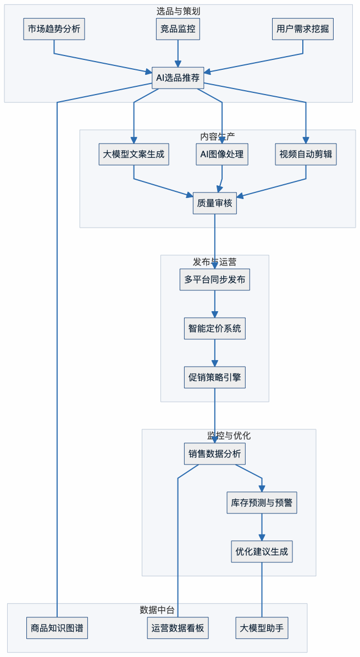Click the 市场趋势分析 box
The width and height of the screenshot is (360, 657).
point(54,29)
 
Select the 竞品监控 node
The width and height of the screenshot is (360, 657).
point(178,29)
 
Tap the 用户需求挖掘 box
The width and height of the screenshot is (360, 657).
point(303,29)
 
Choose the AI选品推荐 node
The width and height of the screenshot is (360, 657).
point(178,78)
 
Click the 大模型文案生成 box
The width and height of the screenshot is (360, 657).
point(134,154)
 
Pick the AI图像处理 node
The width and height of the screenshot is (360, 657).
point(222,154)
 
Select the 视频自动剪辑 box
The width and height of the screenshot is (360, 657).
point(306,154)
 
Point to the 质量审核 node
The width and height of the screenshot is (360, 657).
point(214,203)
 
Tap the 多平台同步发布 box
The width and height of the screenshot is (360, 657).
point(214,279)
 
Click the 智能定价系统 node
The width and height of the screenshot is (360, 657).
point(214,328)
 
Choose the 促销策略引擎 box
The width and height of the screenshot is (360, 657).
point(214,377)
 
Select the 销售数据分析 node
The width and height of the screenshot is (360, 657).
point(214,454)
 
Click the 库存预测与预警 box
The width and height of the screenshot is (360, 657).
point(262,503)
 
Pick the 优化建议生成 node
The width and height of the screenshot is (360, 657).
point(262,551)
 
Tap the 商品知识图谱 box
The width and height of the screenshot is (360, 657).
point(57,628)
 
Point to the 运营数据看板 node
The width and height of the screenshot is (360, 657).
point(178,628)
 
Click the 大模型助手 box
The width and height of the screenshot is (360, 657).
point(262,628)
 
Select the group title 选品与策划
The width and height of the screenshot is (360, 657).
point(178,10)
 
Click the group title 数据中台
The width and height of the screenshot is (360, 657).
point(157,609)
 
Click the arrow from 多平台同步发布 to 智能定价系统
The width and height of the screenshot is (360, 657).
point(214,303)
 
